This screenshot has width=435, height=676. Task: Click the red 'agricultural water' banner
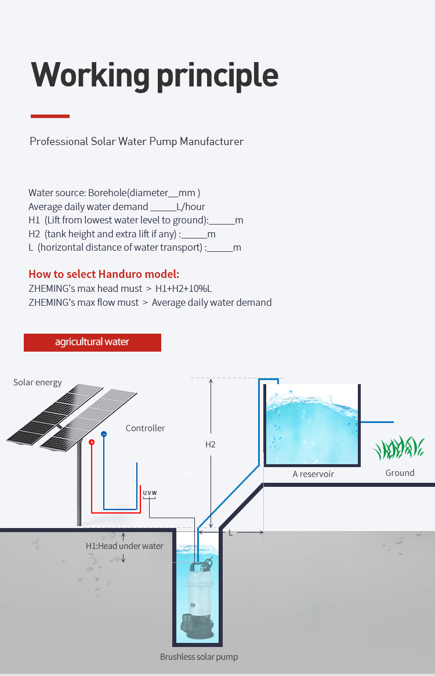(92, 342)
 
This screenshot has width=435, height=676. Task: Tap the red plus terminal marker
(92, 442)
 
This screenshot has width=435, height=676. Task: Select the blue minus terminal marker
(104, 434)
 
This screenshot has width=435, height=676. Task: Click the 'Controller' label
(145, 428)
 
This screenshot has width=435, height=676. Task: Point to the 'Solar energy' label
(38, 382)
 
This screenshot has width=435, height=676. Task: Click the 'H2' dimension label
(211, 444)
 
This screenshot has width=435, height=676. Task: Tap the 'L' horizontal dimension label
(230, 532)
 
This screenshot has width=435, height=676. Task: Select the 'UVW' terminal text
(150, 493)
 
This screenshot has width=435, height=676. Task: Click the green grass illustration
(400, 449)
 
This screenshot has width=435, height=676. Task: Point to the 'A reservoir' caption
(313, 474)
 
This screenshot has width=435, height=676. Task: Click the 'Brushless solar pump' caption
(199, 657)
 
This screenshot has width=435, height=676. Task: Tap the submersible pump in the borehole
(198, 598)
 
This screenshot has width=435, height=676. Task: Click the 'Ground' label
(400, 473)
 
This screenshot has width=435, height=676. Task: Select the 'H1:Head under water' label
(125, 546)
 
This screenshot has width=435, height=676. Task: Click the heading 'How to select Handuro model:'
(104, 274)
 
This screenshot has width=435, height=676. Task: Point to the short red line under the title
(50, 116)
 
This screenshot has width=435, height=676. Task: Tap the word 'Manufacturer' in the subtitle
(211, 142)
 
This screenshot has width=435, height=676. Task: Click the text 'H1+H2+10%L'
(187, 288)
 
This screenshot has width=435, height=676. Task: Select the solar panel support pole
(79, 487)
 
